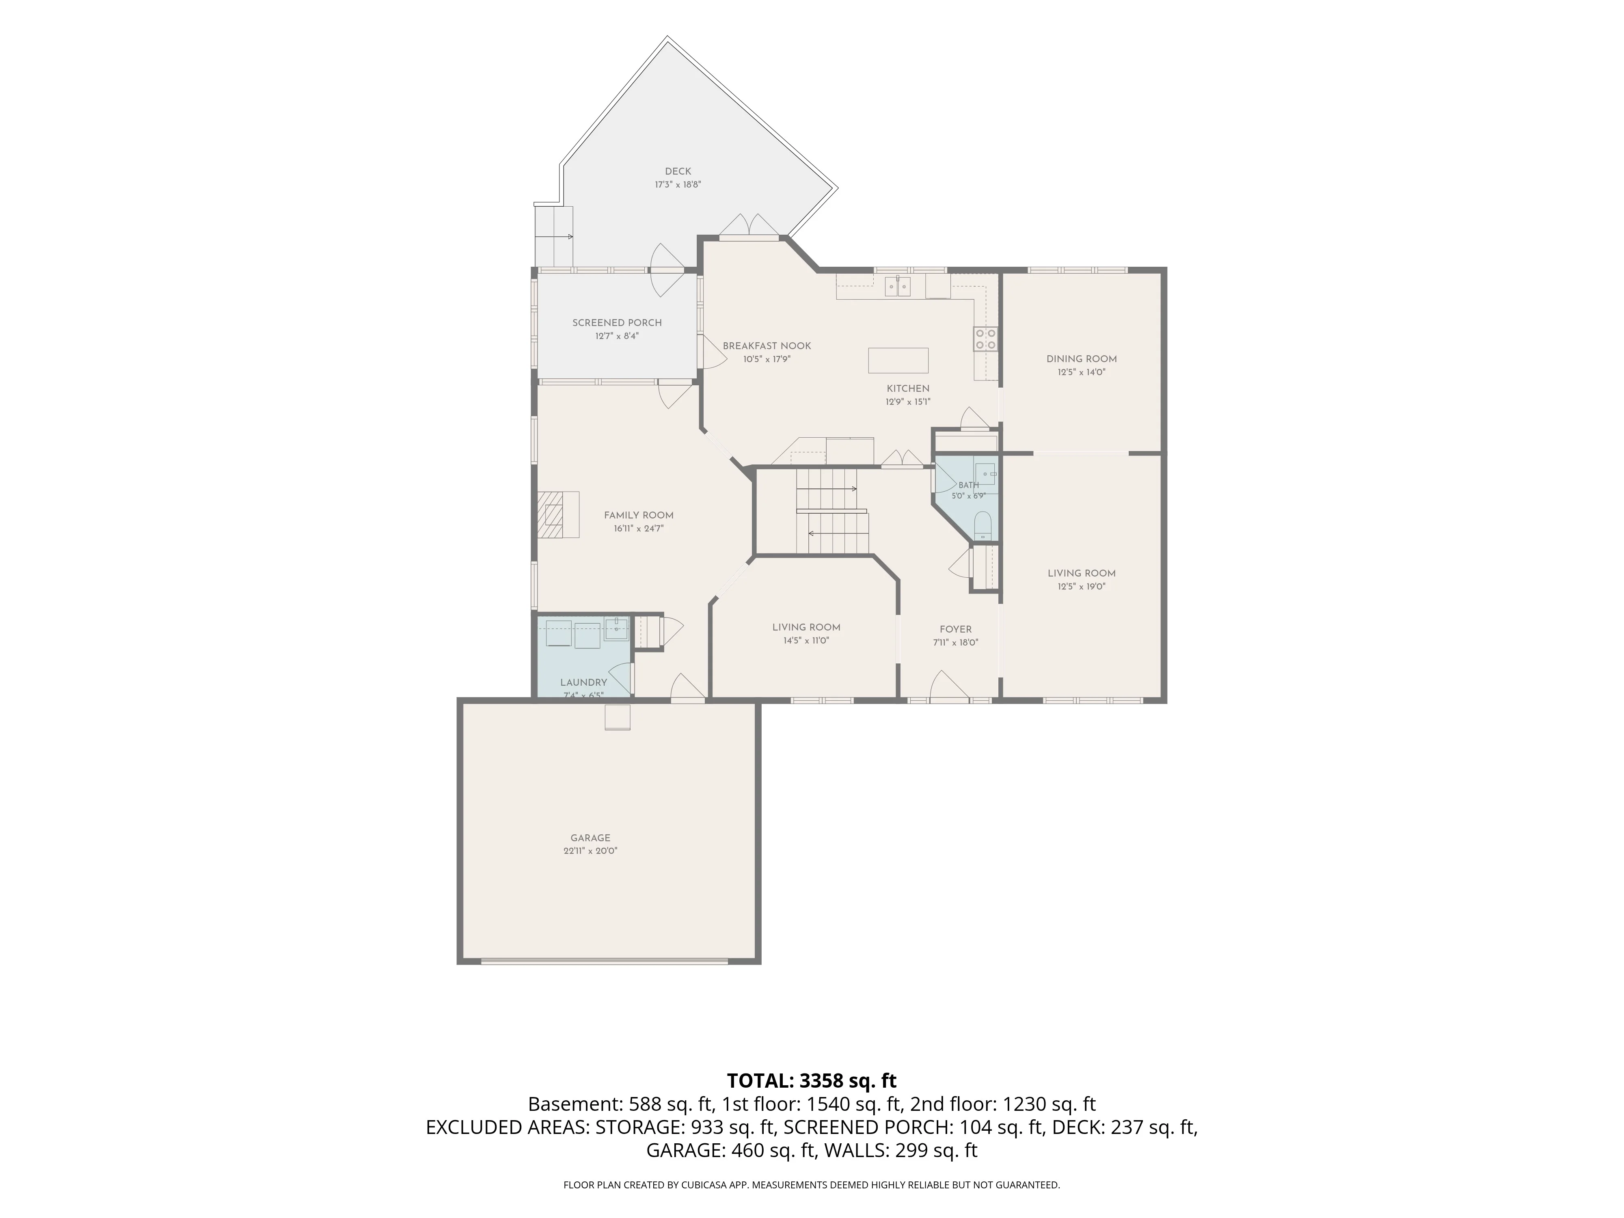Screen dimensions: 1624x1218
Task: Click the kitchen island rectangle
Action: [x=898, y=361]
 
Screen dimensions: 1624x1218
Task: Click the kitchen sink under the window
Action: [x=897, y=285]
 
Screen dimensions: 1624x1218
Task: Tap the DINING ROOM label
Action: [x=1082, y=359]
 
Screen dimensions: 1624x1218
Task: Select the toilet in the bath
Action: [x=983, y=527]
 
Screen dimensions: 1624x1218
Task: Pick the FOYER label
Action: [x=955, y=629]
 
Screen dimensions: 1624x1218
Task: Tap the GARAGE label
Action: [x=590, y=838]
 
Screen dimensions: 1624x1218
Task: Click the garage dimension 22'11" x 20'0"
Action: [x=590, y=851]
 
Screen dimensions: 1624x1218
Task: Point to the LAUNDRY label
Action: [x=584, y=682]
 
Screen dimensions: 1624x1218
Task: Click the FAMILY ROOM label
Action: [x=639, y=515]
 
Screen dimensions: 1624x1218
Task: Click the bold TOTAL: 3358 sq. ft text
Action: [x=811, y=1081]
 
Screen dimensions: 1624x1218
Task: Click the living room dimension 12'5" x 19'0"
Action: [x=1082, y=587]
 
